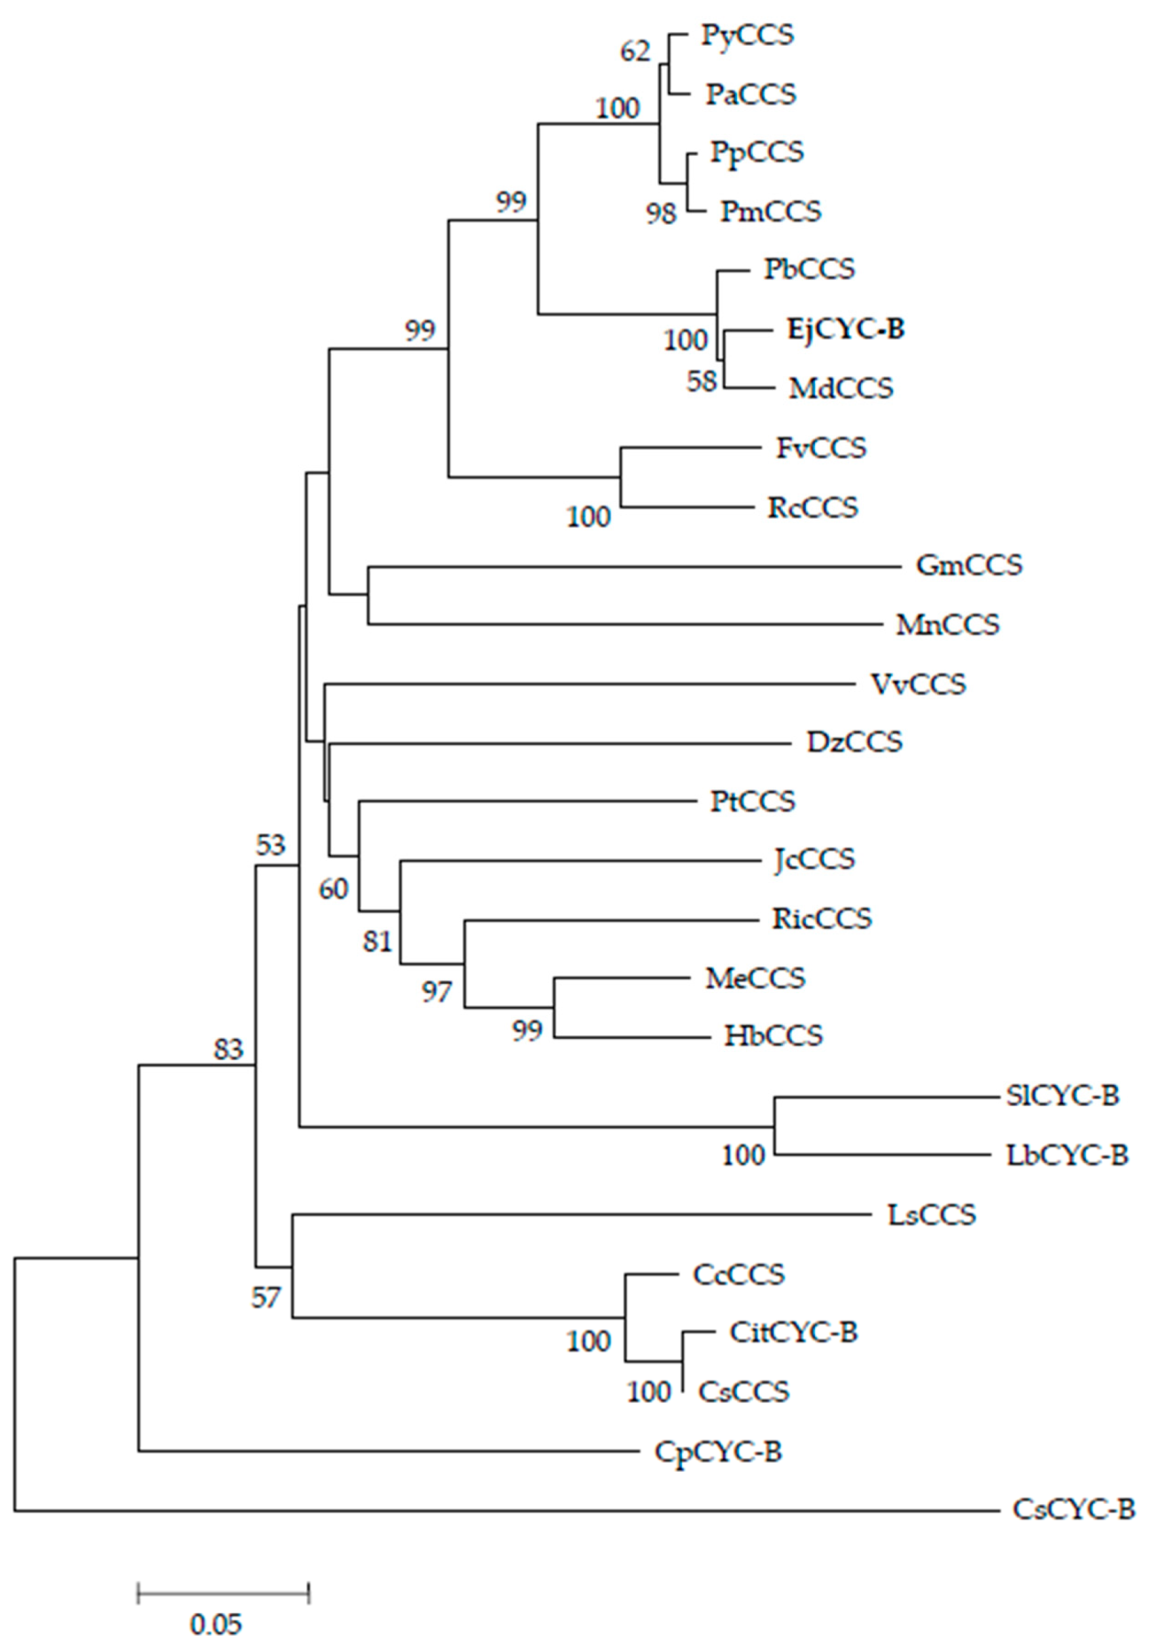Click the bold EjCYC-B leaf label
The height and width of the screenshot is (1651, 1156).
[x=845, y=329]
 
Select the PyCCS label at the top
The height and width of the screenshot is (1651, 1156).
[x=747, y=35]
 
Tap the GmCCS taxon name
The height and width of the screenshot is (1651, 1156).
[x=968, y=565]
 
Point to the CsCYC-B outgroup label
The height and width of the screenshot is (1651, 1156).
[x=1073, y=1509]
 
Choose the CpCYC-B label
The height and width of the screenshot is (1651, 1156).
[x=717, y=1452]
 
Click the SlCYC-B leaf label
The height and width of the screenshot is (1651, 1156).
[x=1062, y=1096]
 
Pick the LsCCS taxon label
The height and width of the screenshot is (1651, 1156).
[x=932, y=1215]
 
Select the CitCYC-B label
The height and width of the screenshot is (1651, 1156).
[x=793, y=1332]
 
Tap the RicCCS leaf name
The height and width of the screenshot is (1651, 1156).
[x=822, y=918]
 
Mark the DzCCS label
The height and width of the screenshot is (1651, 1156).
[x=854, y=741]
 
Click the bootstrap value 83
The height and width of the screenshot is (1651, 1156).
[x=229, y=1050]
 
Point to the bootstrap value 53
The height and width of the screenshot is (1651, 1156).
[x=270, y=846]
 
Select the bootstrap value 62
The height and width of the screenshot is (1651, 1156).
[x=635, y=52]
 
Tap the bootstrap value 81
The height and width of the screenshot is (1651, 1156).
[x=378, y=941]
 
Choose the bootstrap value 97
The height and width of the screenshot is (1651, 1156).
[x=437, y=992]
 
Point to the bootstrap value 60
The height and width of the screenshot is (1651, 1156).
[x=334, y=889]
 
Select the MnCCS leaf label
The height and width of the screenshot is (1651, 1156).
[x=947, y=624]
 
